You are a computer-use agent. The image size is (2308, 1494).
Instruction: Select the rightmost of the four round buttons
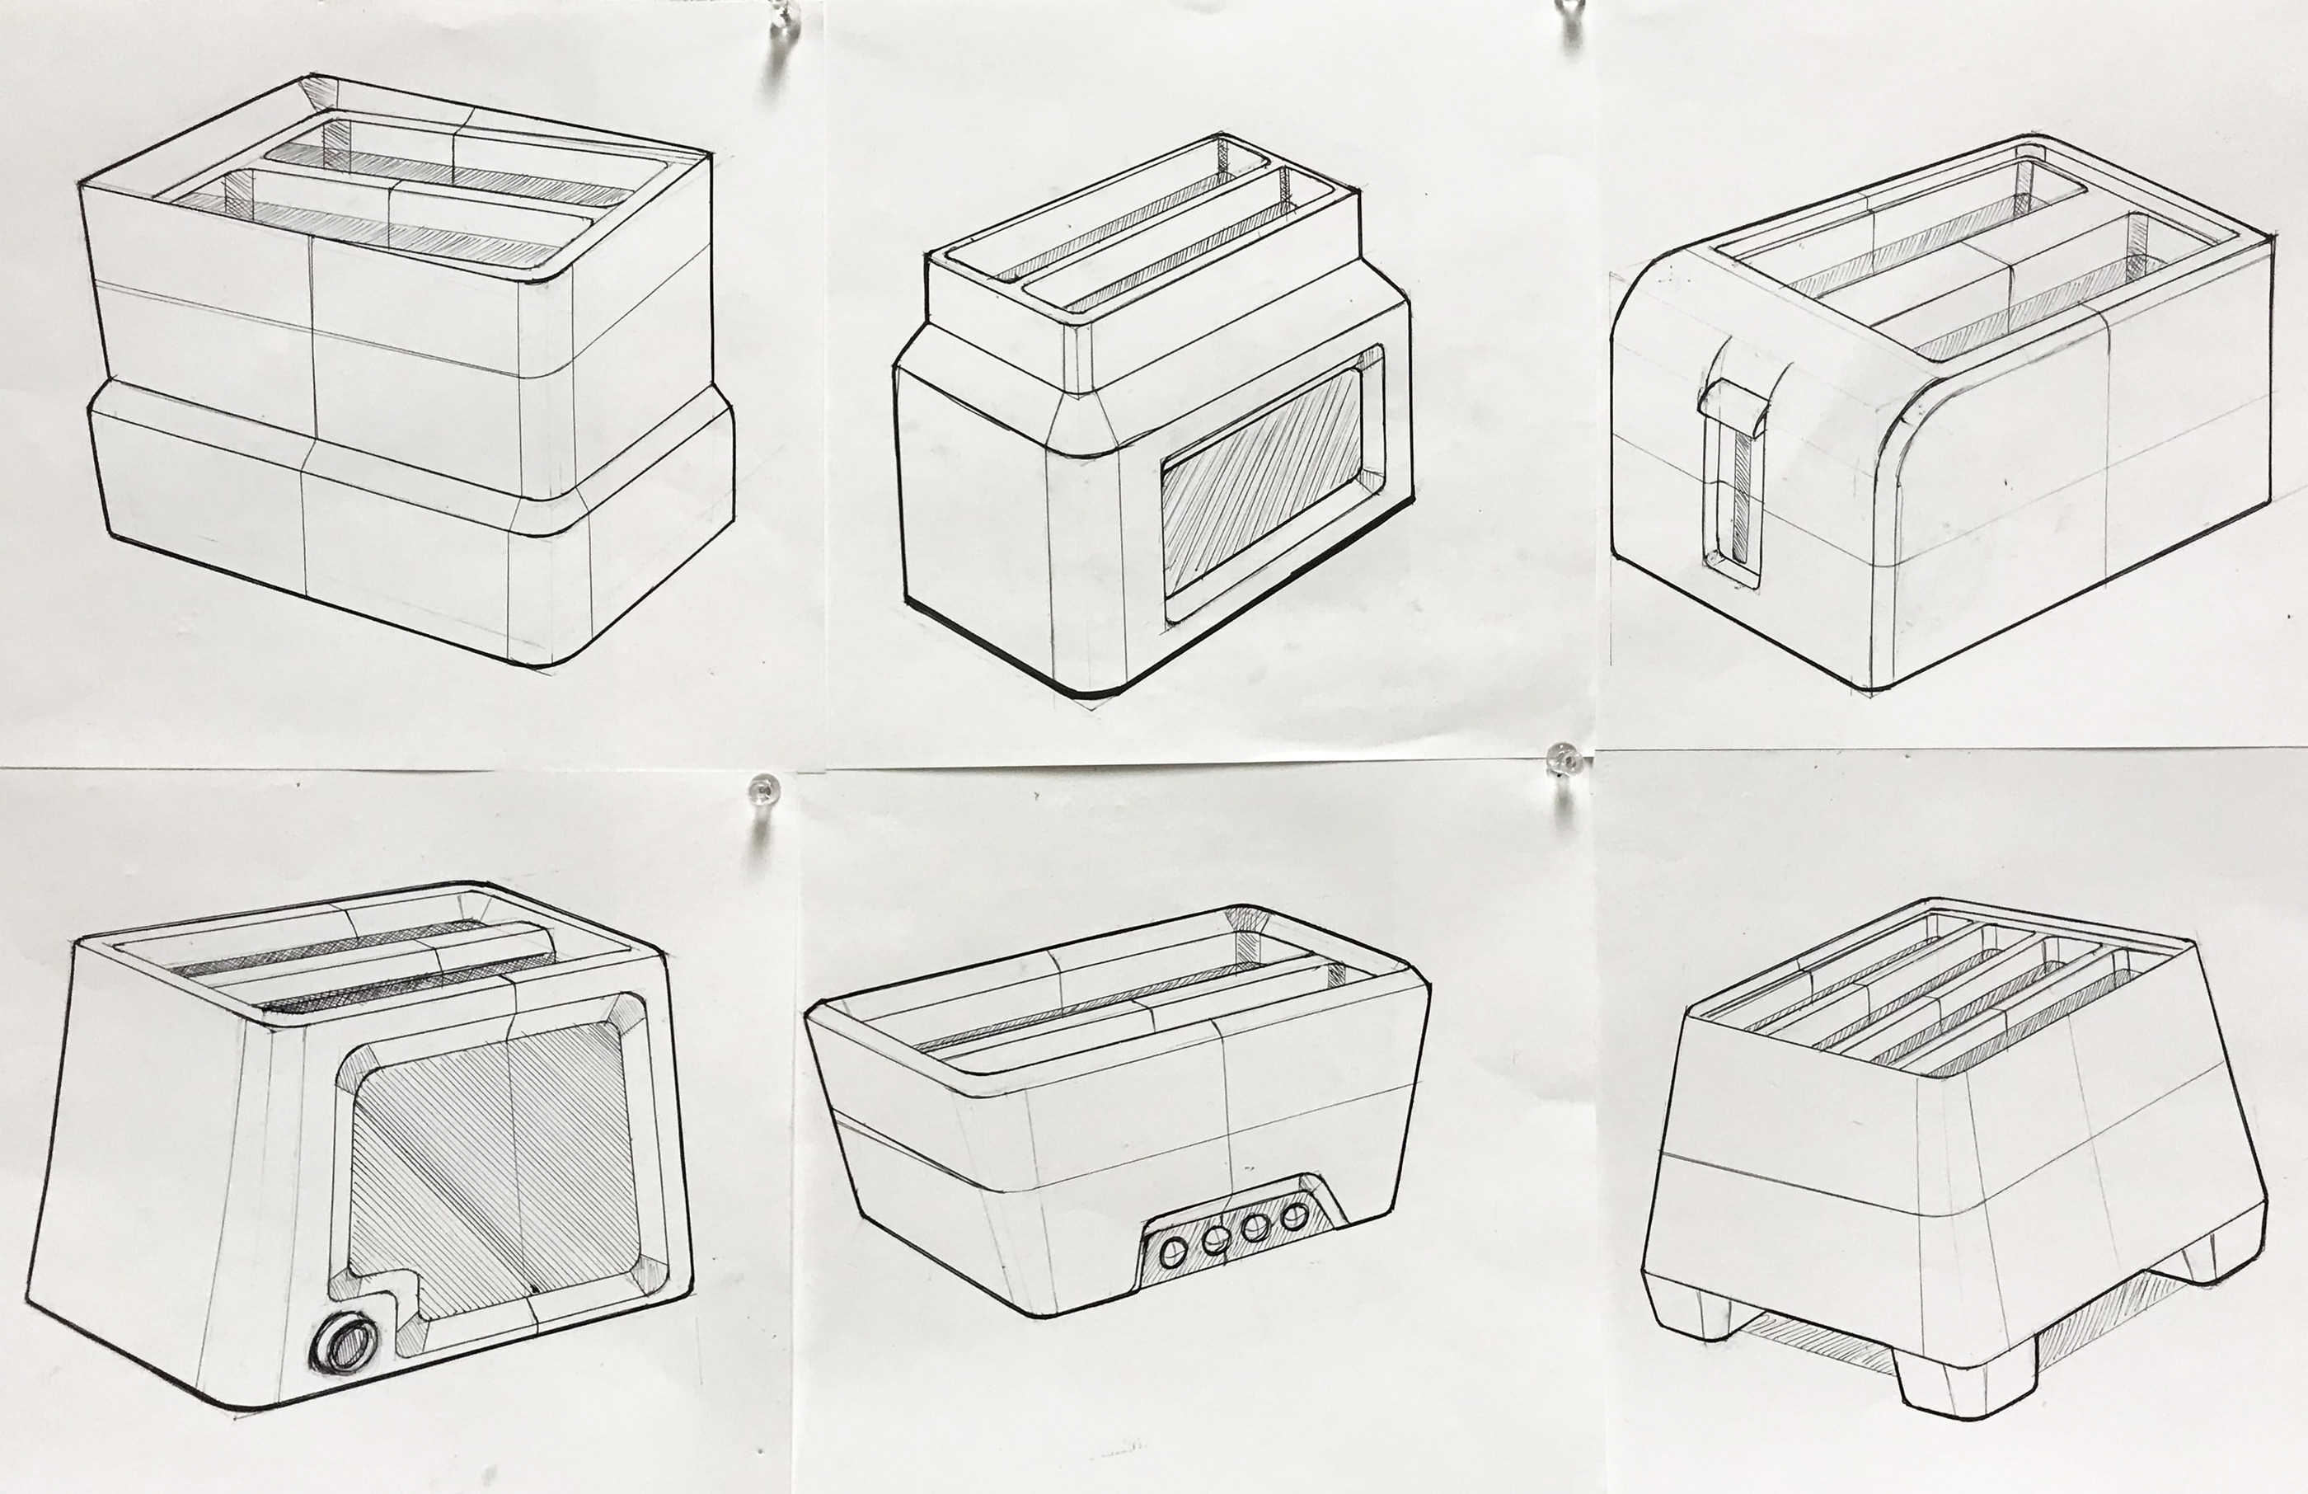click(1295, 1215)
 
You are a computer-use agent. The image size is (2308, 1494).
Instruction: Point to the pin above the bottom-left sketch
click(763, 791)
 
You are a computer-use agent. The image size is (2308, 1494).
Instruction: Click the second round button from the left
click(1214, 1241)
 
